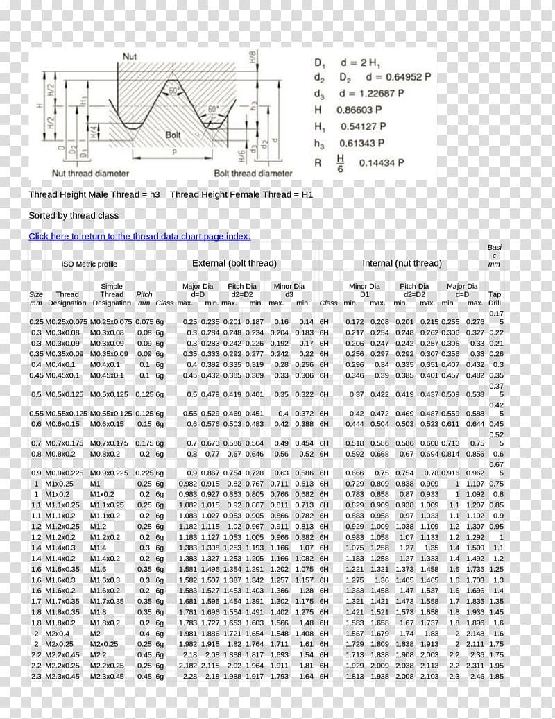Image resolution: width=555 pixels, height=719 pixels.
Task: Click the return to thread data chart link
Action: (139, 237)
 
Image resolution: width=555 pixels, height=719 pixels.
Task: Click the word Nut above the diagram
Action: (130, 56)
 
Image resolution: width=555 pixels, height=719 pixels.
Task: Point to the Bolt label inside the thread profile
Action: (173, 135)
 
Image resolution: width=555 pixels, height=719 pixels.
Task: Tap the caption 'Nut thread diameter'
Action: (91, 174)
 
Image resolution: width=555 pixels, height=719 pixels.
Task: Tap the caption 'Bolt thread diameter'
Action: (253, 174)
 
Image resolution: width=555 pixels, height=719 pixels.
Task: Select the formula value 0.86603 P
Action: (359, 110)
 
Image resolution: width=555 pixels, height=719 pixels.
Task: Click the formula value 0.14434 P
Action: (382, 162)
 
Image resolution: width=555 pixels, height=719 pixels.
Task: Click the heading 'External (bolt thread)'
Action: (234, 264)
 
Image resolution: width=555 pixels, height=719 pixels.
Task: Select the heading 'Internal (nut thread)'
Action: (402, 264)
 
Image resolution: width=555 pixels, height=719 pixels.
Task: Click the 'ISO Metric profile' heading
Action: (89, 264)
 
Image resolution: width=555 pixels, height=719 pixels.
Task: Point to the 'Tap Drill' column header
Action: (495, 298)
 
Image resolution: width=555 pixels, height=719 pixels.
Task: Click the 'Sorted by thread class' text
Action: (74, 216)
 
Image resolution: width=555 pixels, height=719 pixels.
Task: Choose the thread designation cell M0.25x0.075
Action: (67, 322)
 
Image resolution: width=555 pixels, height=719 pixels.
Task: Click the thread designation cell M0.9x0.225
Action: (67, 473)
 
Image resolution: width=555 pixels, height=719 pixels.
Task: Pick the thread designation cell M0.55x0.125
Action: (67, 414)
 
